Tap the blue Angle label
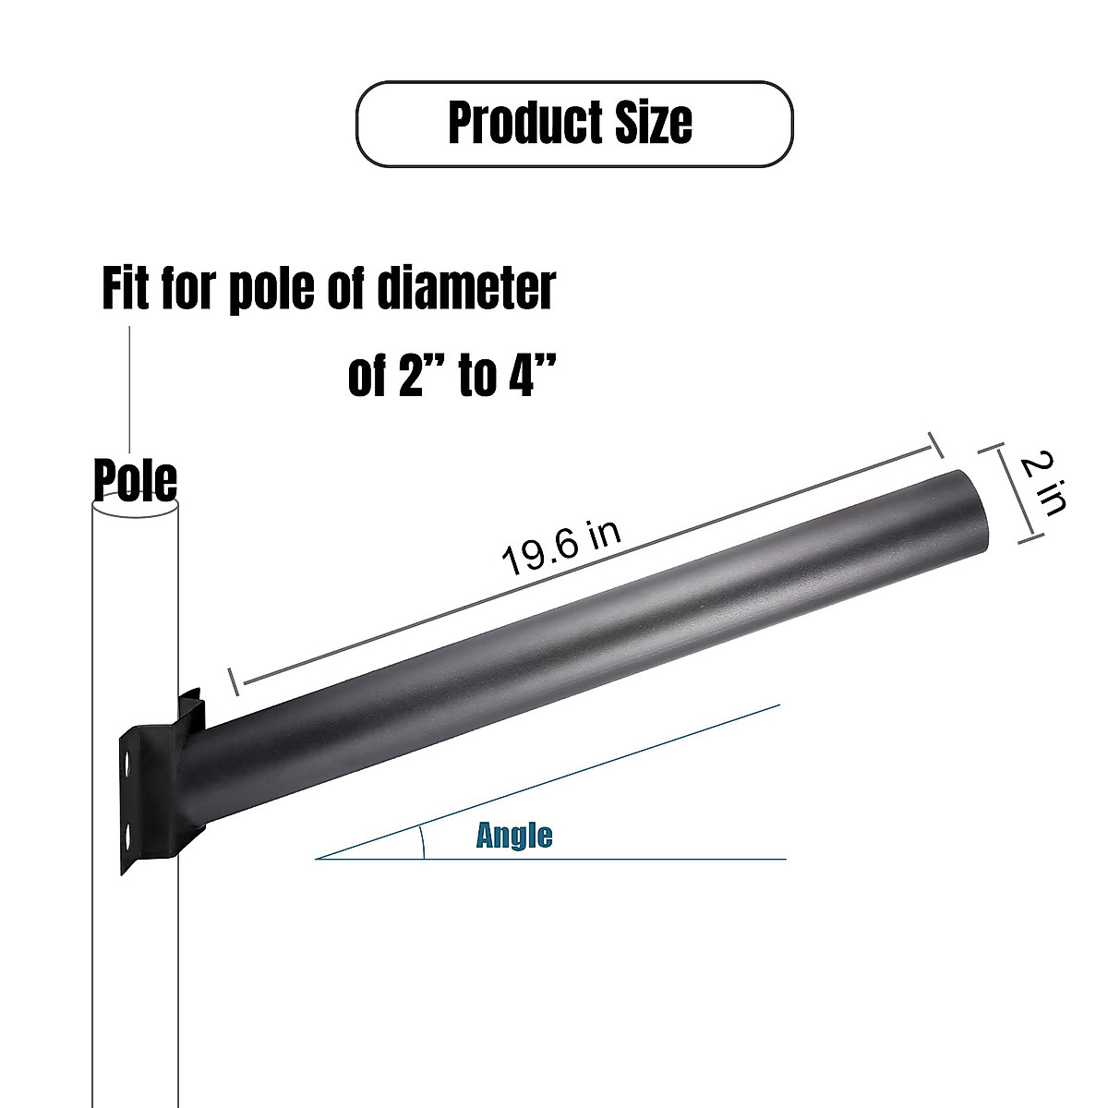(514, 836)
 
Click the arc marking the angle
(422, 842)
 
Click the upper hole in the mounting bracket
(127, 765)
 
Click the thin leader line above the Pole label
(130, 388)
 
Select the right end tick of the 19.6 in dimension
(933, 444)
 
